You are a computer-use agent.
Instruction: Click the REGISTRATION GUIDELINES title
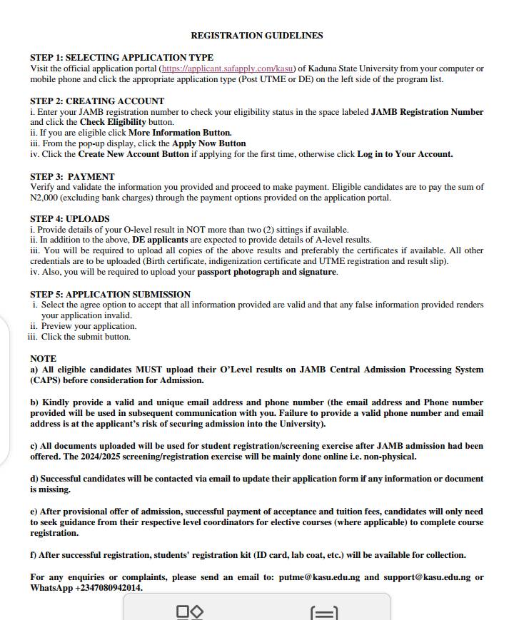point(256,36)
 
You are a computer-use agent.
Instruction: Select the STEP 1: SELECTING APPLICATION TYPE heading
point(121,58)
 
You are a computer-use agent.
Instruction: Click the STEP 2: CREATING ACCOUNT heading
point(97,101)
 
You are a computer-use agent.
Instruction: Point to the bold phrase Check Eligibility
point(113,123)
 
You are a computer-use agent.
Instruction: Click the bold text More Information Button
point(180,133)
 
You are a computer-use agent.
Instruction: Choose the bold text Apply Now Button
point(208,143)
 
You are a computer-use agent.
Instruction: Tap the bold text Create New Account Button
point(133,154)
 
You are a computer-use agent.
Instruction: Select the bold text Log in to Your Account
point(405,154)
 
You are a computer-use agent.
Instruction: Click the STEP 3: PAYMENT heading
point(72,177)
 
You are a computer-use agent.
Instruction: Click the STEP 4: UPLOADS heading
point(70,219)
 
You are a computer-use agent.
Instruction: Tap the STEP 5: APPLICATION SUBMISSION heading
point(110,295)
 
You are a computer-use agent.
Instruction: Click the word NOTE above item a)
point(43,359)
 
